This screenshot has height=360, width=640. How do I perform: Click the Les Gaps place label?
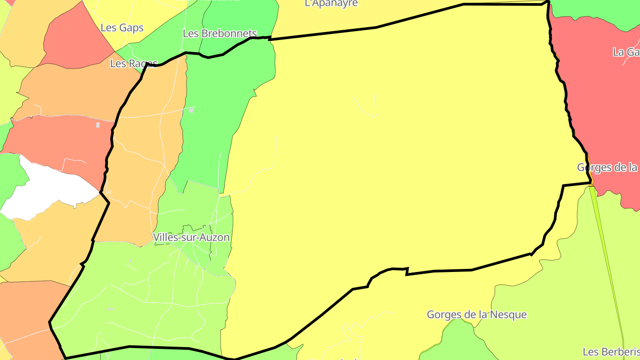[x=122, y=28]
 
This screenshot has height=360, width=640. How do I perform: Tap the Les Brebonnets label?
[x=220, y=33]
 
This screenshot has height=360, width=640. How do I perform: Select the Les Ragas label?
[x=133, y=64]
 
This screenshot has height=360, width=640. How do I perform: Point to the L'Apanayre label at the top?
[x=331, y=4]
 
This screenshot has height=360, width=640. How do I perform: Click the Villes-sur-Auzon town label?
[x=191, y=237]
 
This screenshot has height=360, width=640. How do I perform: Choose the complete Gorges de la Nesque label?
[x=476, y=315]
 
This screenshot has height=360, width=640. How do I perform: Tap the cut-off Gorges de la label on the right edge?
[x=607, y=168]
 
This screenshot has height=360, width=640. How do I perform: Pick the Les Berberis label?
[x=611, y=352]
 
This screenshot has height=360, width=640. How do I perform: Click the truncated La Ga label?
[x=626, y=52]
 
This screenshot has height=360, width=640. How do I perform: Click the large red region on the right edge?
[x=600, y=111]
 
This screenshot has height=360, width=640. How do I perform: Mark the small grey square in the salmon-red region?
[x=98, y=125]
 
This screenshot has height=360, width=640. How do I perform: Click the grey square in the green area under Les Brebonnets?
[x=191, y=110]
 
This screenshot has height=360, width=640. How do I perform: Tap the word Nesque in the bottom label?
[x=511, y=315]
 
